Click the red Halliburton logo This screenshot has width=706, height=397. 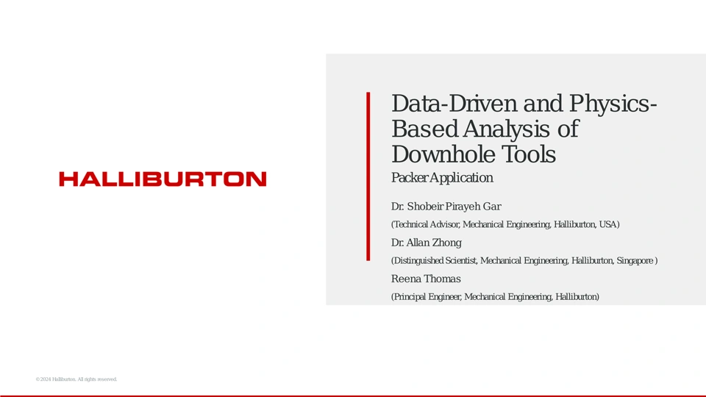[163, 179]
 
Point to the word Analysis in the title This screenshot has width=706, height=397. [506, 129]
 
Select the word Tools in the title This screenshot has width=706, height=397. [529, 154]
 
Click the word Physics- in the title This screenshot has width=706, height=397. [613, 104]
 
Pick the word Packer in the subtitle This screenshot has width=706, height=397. [409, 178]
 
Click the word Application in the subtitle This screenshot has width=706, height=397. [461, 178]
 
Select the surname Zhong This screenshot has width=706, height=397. [446, 243]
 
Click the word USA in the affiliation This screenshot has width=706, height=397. [608, 224]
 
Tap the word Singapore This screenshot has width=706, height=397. [635, 261]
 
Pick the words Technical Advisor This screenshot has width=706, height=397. [426, 225]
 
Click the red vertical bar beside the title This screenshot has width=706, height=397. [368, 176]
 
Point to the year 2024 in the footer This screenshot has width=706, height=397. [46, 379]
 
